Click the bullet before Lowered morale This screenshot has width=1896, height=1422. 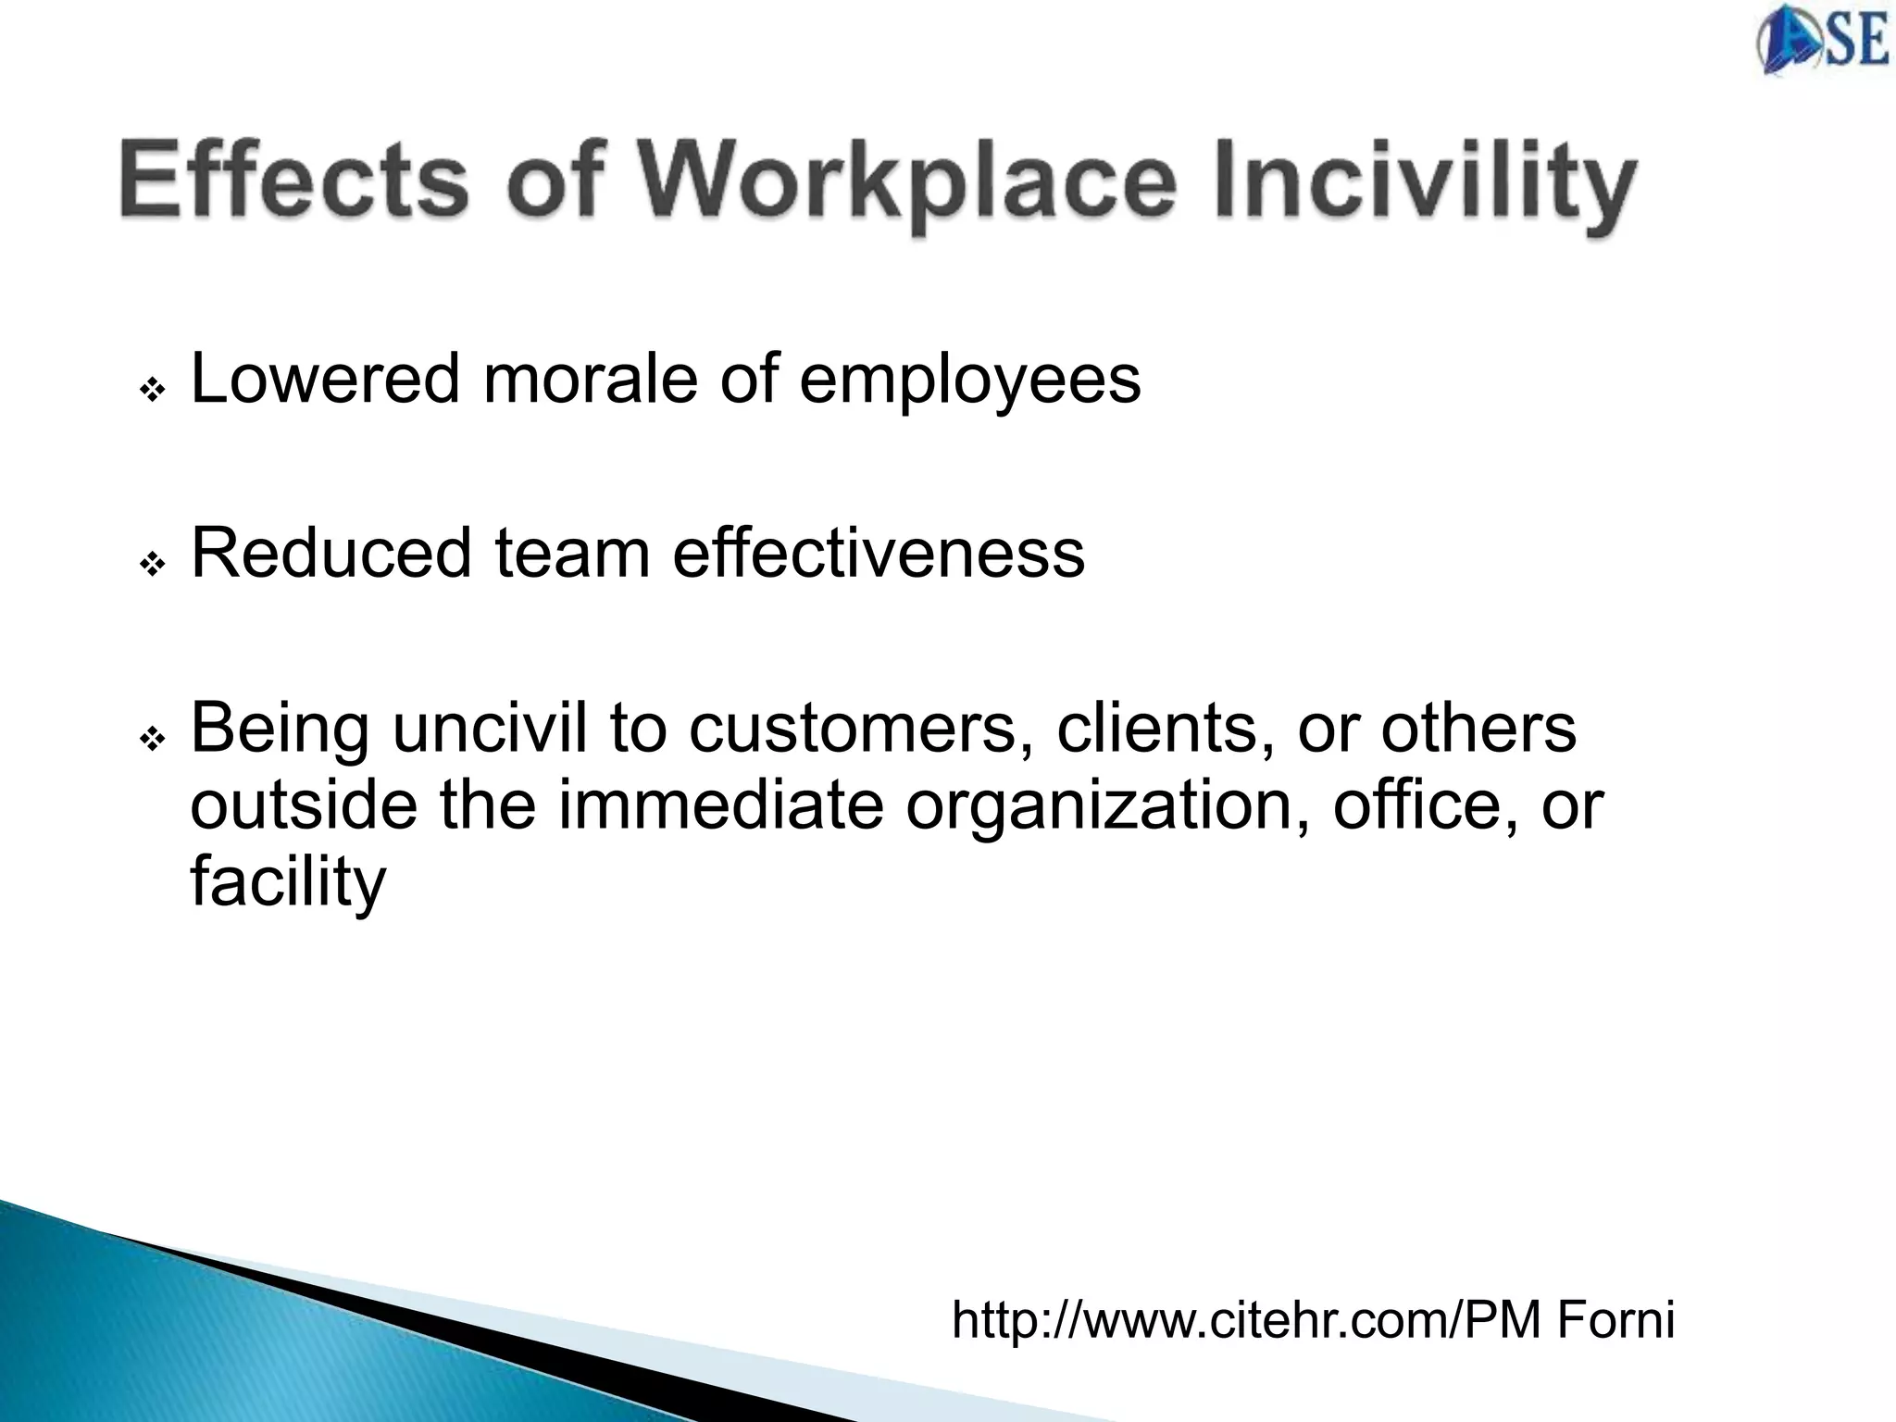point(152,390)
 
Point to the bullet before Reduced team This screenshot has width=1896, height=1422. point(152,563)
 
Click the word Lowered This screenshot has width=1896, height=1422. point(325,379)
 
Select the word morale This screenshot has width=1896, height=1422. point(590,379)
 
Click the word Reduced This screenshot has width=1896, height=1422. point(331,553)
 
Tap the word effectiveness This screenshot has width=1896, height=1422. point(879,553)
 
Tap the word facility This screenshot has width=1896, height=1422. point(287,882)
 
